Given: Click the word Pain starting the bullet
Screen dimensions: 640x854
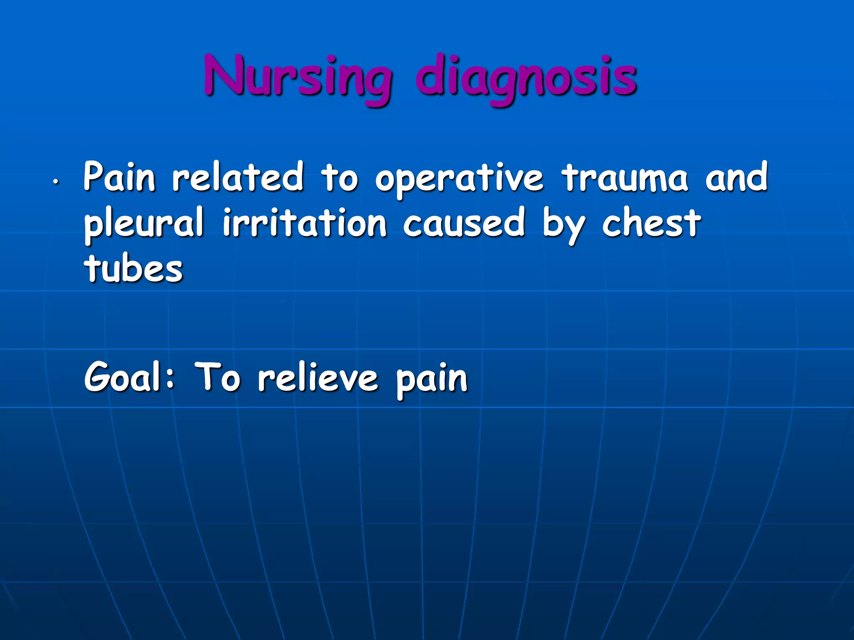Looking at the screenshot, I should (x=120, y=177).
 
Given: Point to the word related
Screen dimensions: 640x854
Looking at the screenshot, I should (x=238, y=177).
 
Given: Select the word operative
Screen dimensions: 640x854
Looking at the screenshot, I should (x=459, y=179).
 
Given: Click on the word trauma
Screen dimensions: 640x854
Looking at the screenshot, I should (x=624, y=178).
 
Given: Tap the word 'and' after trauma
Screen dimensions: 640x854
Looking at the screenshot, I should (x=736, y=177).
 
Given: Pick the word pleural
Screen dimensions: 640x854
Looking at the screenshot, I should (x=144, y=224).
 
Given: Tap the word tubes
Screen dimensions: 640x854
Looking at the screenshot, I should (x=133, y=269).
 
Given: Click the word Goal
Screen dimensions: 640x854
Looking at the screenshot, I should (x=123, y=377).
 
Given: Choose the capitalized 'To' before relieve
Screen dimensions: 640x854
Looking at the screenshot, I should (x=218, y=377).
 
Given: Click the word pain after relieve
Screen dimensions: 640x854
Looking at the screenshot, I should (x=432, y=380).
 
